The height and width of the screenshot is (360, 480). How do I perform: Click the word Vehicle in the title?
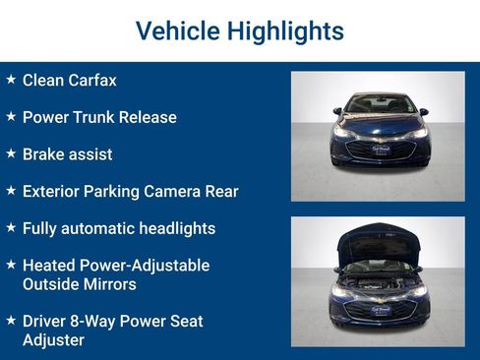point(176,30)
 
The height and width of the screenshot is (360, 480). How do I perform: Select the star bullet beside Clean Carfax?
point(11,79)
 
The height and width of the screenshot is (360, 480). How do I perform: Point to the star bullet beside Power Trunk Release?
point(11,116)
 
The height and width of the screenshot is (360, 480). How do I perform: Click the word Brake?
point(44,154)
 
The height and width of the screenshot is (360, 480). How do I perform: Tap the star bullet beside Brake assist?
point(11,153)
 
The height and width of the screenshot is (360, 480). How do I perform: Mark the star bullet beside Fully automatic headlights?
point(11,227)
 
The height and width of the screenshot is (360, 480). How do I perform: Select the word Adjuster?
point(53,339)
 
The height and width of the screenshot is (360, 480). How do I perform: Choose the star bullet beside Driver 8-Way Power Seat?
point(11,321)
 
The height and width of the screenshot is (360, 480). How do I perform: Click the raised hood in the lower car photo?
point(379,241)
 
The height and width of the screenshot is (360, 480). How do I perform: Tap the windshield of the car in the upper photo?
point(379,104)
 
